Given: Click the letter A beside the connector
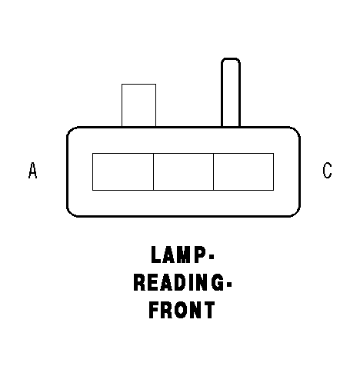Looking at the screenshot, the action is tap(32, 170).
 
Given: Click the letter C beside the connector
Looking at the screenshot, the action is tap(327, 170).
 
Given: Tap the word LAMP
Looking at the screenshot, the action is tap(178, 255).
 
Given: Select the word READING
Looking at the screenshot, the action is tap(178, 282).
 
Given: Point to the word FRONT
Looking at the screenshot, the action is tap(182, 310).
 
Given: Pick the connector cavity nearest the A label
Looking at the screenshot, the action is tap(123, 171).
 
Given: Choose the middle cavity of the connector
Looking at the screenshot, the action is tap(183, 171).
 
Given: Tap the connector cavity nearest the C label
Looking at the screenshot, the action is tap(244, 171).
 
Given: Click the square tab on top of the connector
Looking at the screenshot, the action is tap(138, 105).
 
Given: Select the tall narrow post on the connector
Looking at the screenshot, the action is tap(231, 92).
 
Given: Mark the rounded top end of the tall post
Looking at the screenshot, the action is tap(231, 59).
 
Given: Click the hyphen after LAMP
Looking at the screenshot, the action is tap(212, 256).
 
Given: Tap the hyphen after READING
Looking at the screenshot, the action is tap(229, 284).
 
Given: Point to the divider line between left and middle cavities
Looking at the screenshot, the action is tap(153, 171).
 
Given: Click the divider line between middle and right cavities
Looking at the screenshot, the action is tap(213, 171).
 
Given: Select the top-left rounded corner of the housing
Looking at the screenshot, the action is tap(70, 130).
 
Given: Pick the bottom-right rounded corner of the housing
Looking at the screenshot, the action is tap(297, 214).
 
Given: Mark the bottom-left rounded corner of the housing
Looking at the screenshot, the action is tap(70, 214).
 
